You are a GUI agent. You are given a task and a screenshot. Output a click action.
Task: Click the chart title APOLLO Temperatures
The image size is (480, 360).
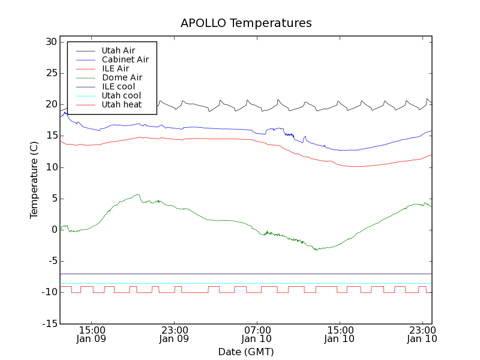point(246,23)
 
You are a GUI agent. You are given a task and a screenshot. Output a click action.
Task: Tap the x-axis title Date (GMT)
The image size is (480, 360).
point(246,352)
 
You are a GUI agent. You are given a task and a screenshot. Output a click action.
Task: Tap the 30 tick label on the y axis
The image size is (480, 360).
point(50,42)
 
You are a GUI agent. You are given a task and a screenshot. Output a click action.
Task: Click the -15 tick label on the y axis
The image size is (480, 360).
point(49,324)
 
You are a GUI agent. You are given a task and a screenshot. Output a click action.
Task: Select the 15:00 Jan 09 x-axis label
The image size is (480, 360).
point(92,334)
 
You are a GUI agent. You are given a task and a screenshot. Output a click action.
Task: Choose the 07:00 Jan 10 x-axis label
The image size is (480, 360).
point(257,334)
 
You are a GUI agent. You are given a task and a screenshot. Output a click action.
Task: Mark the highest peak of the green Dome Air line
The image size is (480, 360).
point(138,194)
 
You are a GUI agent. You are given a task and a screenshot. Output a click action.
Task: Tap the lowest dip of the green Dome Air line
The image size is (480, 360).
point(317,250)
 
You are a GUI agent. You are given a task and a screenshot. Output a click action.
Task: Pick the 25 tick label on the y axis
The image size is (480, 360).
point(50,73)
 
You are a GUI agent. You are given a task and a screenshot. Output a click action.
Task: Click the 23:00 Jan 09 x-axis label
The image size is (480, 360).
point(175,334)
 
